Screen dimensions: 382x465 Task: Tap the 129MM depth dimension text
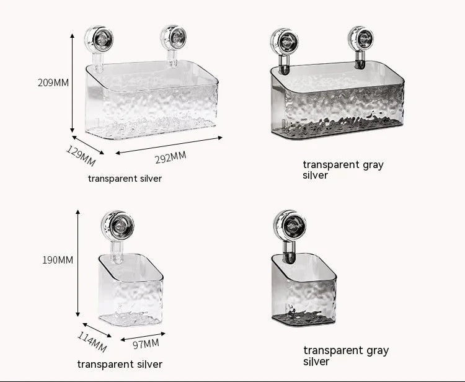81,155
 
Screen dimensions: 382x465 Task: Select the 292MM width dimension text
170,158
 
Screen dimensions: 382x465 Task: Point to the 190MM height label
57,260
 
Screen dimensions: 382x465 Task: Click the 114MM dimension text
92,342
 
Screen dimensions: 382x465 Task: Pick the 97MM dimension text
146,344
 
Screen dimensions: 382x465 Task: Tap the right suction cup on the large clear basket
174,37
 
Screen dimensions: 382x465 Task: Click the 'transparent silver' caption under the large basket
125,179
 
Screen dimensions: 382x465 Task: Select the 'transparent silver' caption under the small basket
120,364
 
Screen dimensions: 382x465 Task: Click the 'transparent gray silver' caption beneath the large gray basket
343,170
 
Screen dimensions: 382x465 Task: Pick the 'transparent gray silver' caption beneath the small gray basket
346,355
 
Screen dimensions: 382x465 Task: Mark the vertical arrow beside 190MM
78,264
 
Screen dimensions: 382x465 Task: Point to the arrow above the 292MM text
168,145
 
